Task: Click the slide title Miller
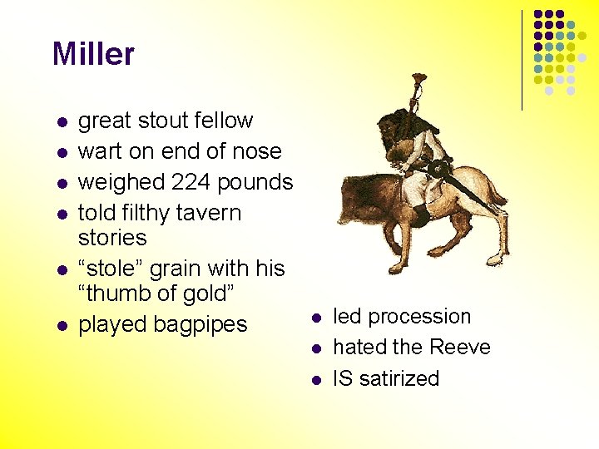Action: tap(93, 55)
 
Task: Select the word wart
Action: tap(98, 152)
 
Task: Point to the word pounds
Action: tap(260, 182)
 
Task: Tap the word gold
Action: tap(206, 294)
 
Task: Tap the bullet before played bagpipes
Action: tap(61, 325)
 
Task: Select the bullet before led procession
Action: tap(316, 318)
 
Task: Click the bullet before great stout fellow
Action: tap(61, 122)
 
